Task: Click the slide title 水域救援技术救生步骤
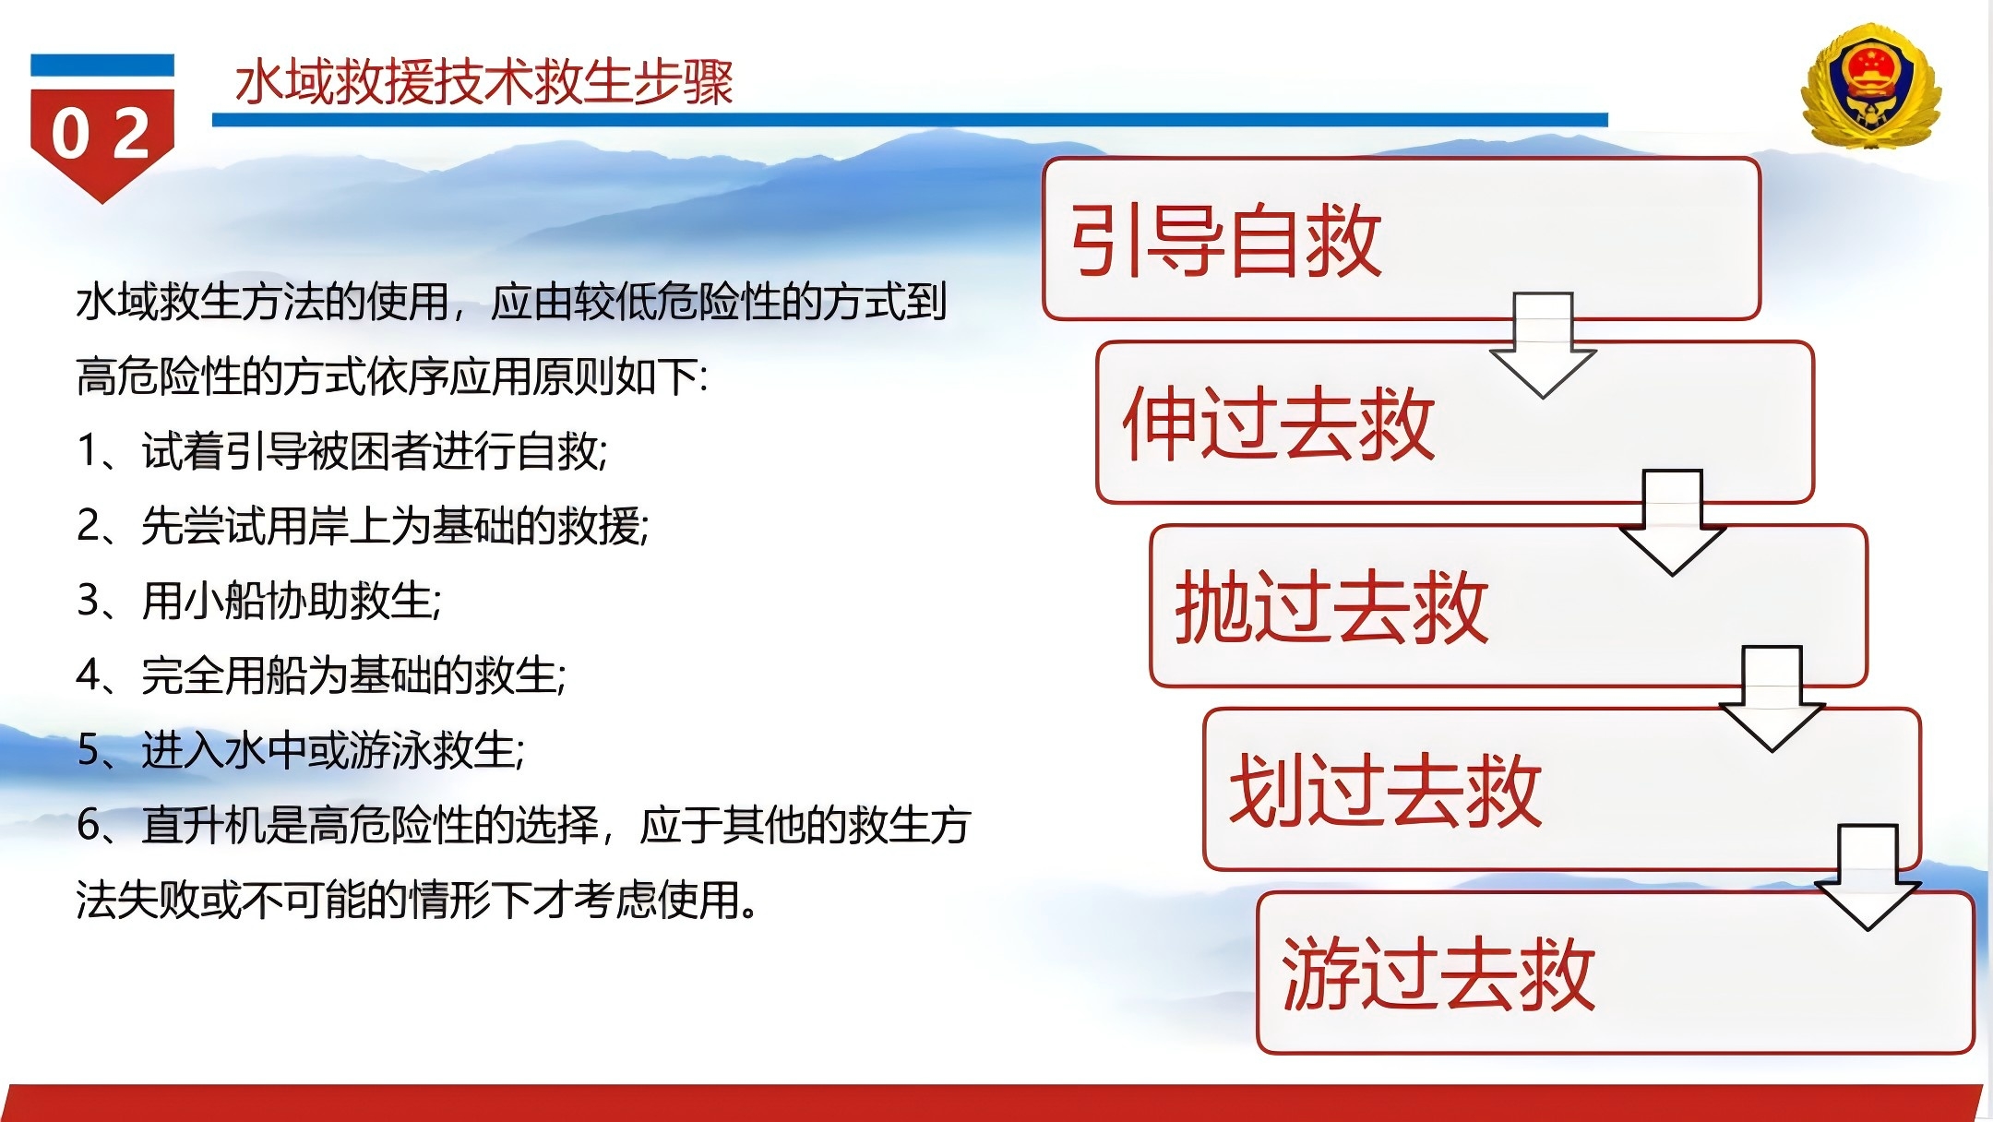[483, 82]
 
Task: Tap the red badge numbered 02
[102, 129]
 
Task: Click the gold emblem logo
[1870, 86]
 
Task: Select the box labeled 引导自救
[1402, 239]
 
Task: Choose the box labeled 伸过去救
[1455, 423]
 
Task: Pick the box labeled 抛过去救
[1509, 606]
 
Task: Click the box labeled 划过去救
[1562, 790]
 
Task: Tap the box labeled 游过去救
[1616, 973]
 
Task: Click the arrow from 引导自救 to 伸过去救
[1543, 346]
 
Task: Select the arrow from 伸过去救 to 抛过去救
[1672, 523]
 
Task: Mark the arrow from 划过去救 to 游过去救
[1868, 877]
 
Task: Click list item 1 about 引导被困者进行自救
[342, 451]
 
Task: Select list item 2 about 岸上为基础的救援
[363, 526]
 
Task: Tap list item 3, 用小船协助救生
[259, 601]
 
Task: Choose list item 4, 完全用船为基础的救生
[321, 675]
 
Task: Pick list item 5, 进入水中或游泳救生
[301, 749]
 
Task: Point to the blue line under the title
[910, 120]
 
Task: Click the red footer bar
[992, 1104]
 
